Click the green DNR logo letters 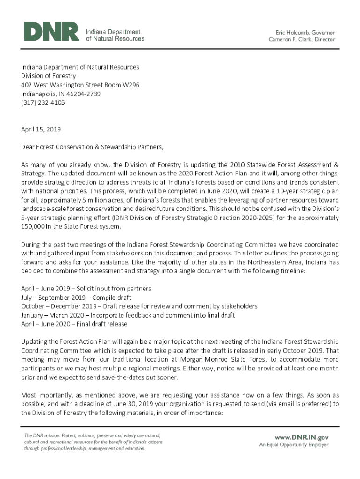tap(51, 32)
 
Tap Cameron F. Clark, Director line tap(302, 40)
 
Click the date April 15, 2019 tap(41, 129)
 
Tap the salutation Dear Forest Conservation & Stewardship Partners tap(92, 147)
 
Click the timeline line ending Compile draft tap(76, 298)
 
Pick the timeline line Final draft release tap(74, 324)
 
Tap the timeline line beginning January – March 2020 tap(128, 315)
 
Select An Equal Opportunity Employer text tap(294, 445)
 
